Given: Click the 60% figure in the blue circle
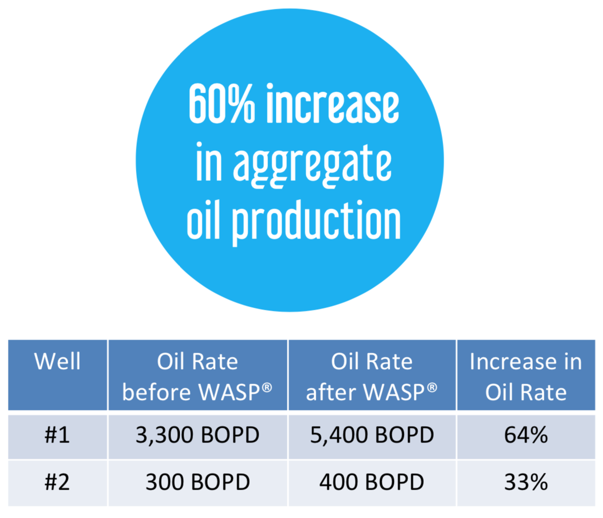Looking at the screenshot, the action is [x=221, y=103].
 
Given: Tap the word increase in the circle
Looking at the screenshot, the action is [x=332, y=103].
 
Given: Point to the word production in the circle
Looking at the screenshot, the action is [x=316, y=223].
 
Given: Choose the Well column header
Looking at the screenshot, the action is [x=57, y=361].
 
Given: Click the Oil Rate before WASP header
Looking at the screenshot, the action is [x=197, y=376].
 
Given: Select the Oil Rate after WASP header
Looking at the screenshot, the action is [x=371, y=376].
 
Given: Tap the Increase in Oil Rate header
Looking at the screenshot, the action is [x=526, y=376].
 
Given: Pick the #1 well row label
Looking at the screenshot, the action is [x=57, y=435].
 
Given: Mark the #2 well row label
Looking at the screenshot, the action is [x=57, y=482].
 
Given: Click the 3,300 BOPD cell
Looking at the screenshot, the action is [x=197, y=435].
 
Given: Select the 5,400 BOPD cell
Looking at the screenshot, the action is [x=372, y=435].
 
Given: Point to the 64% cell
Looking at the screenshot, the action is [x=526, y=435].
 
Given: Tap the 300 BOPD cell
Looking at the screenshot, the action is [x=198, y=482].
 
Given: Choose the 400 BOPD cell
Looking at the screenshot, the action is [x=371, y=482].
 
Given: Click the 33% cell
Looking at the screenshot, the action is [x=526, y=482].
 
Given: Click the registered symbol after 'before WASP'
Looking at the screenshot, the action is [x=267, y=387].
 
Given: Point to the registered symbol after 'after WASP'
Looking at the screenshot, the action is [x=432, y=387].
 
